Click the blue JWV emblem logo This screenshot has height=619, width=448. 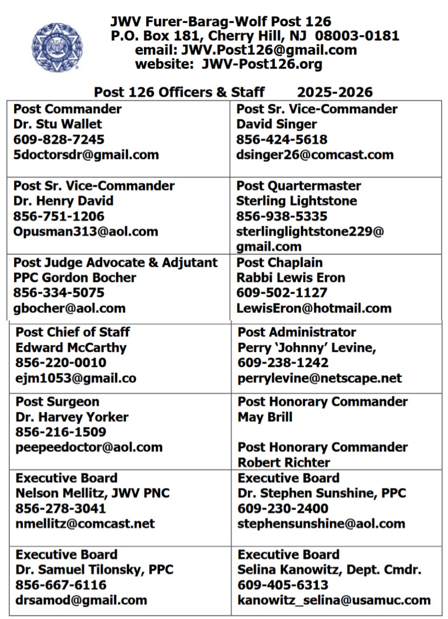[x=57, y=47]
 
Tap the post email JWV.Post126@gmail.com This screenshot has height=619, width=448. [x=269, y=50]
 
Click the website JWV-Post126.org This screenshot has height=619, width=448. [x=262, y=64]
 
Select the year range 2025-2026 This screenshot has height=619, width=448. [x=335, y=92]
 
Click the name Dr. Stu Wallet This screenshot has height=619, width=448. [x=58, y=124]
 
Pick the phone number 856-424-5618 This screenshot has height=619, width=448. [x=282, y=140]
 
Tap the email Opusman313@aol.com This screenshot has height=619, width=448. [x=85, y=231]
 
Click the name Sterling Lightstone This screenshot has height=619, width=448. [x=296, y=201]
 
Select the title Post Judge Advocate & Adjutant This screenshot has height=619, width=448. [x=116, y=262]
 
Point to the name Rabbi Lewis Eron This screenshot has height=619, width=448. [x=291, y=278]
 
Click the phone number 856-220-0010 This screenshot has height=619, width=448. [x=61, y=363]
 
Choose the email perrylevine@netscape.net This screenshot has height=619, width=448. [x=320, y=378]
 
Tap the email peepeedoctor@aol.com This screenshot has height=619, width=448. [x=89, y=447]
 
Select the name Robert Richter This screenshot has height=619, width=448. [x=284, y=462]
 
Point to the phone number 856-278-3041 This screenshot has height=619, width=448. [x=60, y=508]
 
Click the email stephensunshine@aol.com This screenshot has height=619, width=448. [x=321, y=524]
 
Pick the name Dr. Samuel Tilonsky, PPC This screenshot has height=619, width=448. [x=94, y=569]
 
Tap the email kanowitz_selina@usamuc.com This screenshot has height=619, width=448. [x=334, y=600]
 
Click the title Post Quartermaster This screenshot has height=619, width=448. [x=298, y=186]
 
